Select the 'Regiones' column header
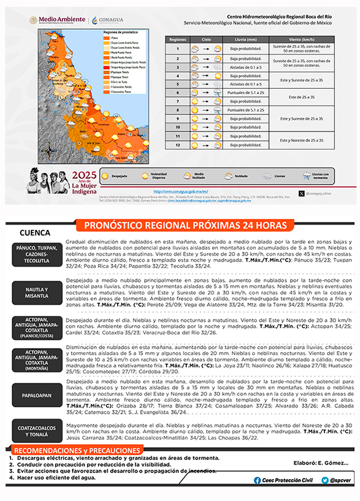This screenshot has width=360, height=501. coord(178,40)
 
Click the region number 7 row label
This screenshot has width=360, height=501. coord(178,101)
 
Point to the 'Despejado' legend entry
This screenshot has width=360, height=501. coord(115,175)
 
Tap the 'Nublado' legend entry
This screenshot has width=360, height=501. coord(237,175)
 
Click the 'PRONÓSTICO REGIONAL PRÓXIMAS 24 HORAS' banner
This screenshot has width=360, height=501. coord(185,225)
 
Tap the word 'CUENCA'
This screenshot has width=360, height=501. coord(35,233)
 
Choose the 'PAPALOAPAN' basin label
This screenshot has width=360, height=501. coord(37,394)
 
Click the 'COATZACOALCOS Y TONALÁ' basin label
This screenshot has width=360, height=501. coord(37,431)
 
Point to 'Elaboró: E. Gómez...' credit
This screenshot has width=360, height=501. coord(313,463)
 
